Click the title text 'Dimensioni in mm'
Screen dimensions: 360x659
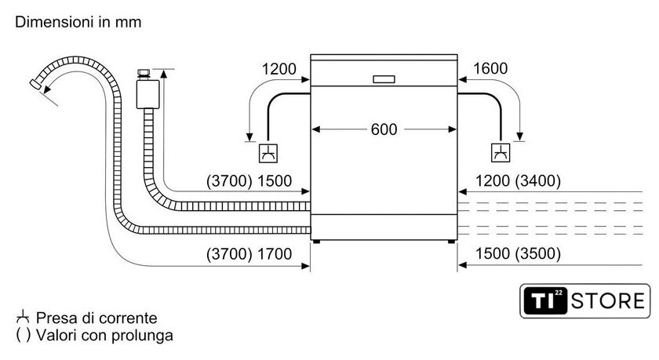78,23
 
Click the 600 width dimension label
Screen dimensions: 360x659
384,129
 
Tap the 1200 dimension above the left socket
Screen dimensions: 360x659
279,69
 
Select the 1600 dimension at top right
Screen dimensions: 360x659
491,69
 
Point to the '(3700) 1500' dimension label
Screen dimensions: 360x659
249,181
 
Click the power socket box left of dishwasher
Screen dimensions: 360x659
268,152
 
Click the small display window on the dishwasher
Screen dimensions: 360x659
384,78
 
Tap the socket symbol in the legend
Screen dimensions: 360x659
23,318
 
